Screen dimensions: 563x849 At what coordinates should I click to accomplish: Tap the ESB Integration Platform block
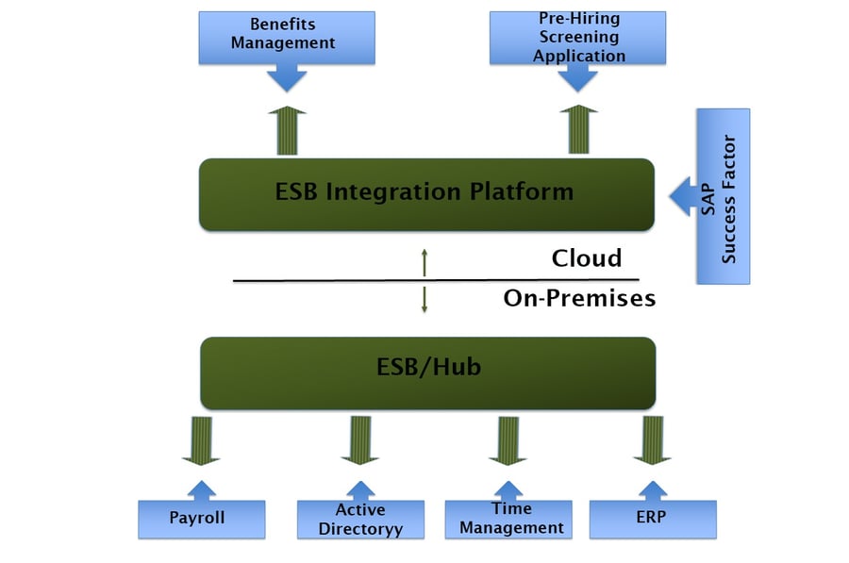click(x=425, y=193)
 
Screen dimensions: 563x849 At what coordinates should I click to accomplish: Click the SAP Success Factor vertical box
click(x=723, y=196)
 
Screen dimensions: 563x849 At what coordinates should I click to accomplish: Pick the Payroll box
click(x=201, y=518)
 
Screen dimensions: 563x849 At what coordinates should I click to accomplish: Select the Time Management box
click(x=510, y=520)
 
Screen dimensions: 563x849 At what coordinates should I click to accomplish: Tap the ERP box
click(x=653, y=518)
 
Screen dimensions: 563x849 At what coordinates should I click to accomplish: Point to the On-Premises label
click(x=578, y=299)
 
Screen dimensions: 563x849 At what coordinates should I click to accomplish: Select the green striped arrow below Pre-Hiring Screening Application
click(x=579, y=130)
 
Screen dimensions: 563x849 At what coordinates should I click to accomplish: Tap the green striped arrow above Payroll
click(x=200, y=440)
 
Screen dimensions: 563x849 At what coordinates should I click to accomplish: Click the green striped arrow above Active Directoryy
click(x=359, y=440)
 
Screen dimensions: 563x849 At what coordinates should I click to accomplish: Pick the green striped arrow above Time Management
click(x=509, y=440)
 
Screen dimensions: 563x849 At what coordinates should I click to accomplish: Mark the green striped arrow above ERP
click(x=652, y=440)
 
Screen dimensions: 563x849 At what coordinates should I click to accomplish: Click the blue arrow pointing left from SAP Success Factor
click(x=682, y=197)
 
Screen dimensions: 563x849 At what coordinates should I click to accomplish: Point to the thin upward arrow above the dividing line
click(x=424, y=262)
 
